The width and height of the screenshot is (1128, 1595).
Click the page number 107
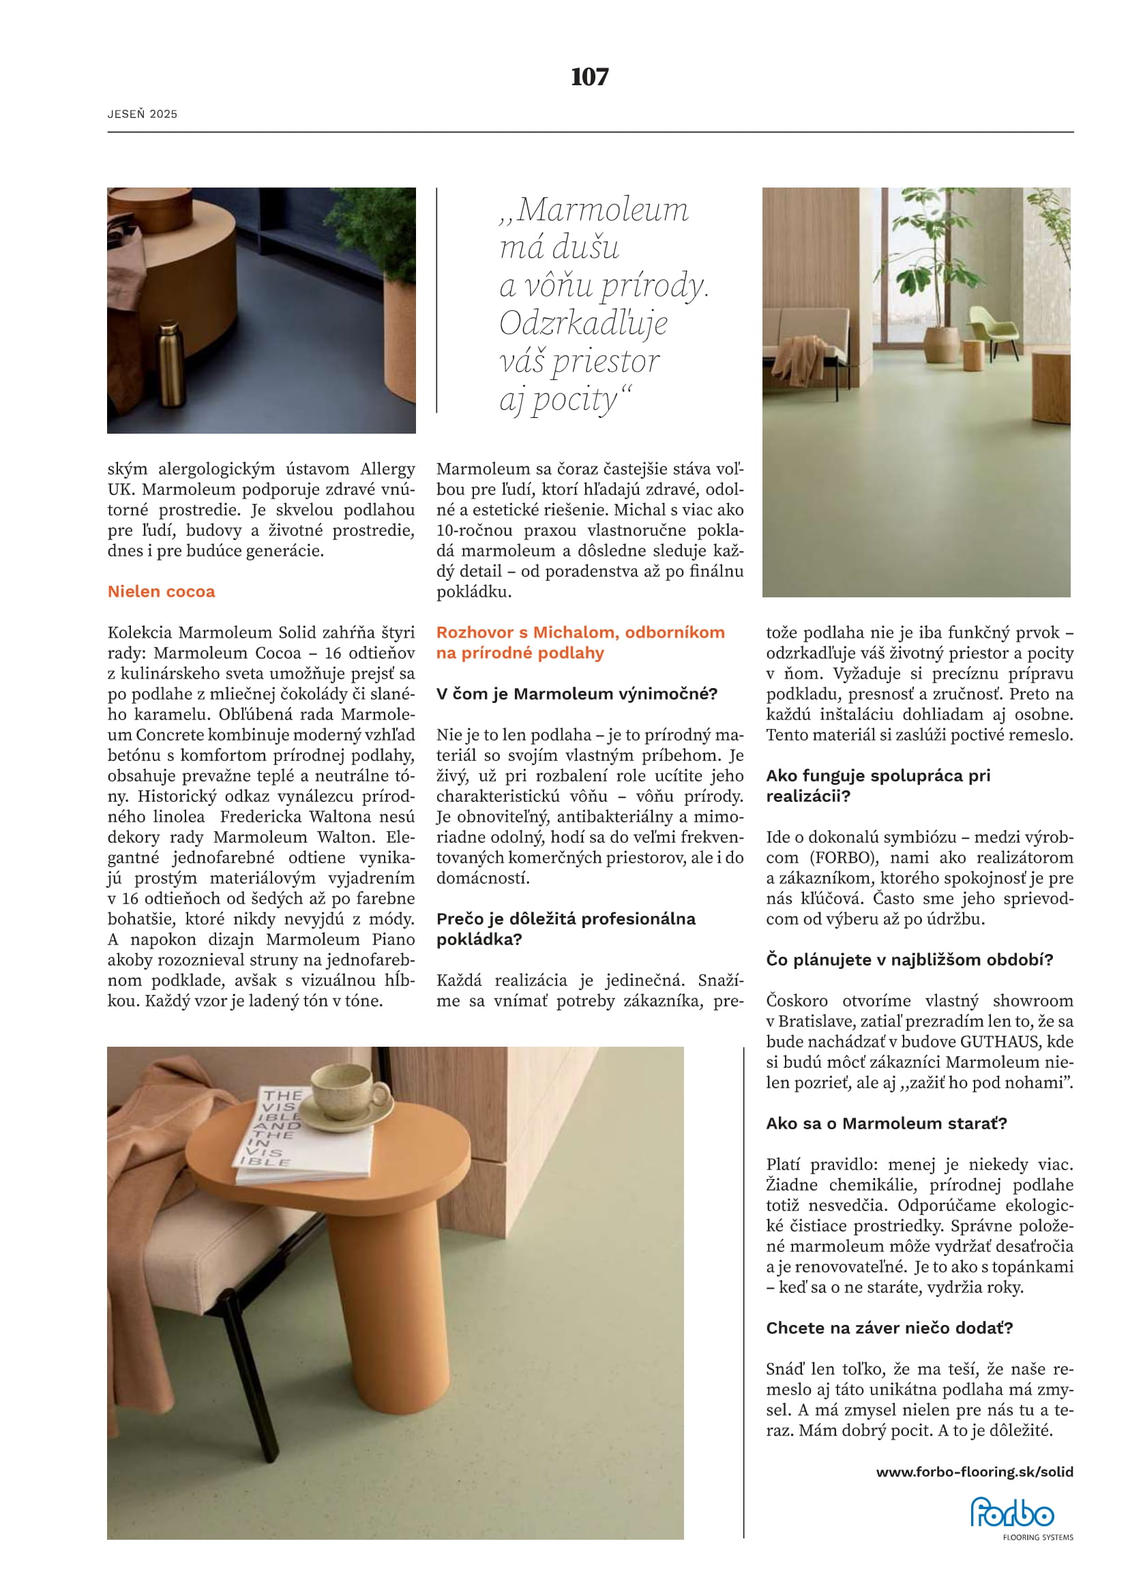(x=590, y=76)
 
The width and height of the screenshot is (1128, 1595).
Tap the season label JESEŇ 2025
(x=143, y=114)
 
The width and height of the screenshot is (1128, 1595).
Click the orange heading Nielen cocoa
(x=161, y=591)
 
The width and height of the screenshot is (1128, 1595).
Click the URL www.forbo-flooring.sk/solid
(x=975, y=1472)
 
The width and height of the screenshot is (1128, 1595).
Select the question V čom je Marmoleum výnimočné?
(x=576, y=694)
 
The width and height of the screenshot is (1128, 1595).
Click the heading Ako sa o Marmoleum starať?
(x=887, y=1123)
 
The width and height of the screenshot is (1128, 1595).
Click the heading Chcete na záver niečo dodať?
(x=889, y=1328)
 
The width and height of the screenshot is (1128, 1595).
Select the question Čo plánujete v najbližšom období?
(x=909, y=959)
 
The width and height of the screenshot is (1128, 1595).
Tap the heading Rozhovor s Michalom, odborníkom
(x=580, y=632)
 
